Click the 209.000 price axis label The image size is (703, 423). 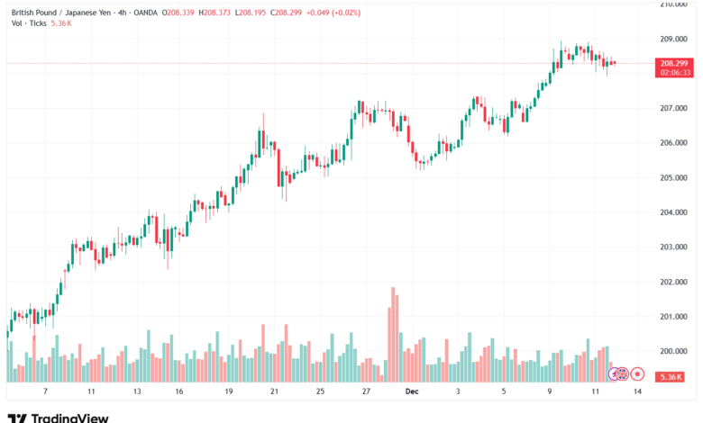674,39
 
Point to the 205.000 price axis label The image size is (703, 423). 674,177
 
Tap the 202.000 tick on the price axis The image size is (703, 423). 674,282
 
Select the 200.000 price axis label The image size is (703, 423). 674,351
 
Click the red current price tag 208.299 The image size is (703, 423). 674,63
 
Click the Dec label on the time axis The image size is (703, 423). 412,392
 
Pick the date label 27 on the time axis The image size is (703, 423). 367,392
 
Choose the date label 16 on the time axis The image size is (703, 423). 179,392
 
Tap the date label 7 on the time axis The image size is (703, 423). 44,392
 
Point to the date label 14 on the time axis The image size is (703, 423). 637,392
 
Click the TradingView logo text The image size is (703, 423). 70,418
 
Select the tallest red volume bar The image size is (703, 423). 394,333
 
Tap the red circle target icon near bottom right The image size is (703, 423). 637,373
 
